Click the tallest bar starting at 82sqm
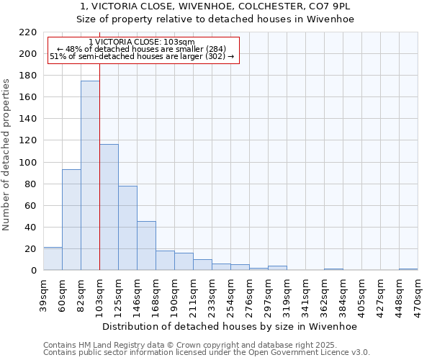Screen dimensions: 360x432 tap(90, 176)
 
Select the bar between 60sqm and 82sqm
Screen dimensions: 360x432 tap(71, 220)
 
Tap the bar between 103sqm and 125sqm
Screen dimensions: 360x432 tap(109, 207)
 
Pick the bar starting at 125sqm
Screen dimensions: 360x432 tap(127, 228)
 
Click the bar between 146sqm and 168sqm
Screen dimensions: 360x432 tap(146, 246)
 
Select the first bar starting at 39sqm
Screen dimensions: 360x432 tap(53, 258)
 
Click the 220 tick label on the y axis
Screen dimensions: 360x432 tap(28, 32)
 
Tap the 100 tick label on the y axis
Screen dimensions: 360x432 tap(28, 163)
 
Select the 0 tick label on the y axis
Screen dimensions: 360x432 tap(33, 271)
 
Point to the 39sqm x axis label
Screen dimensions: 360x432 tap(43, 294)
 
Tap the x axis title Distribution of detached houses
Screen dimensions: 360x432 tap(230, 326)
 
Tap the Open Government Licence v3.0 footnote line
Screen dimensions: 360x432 tap(206, 353)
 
